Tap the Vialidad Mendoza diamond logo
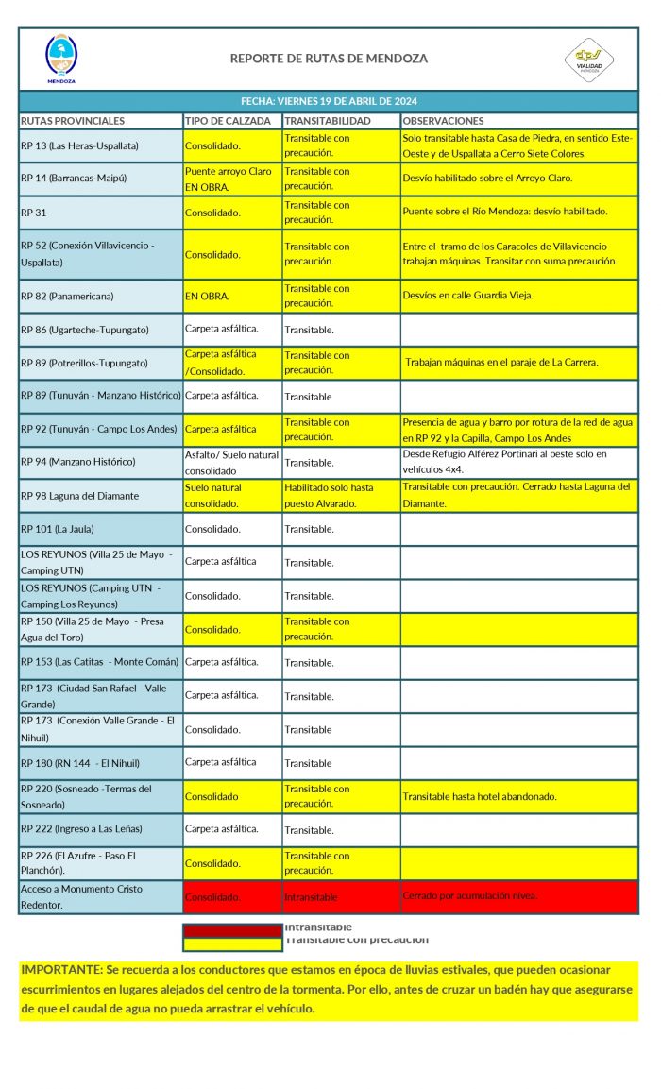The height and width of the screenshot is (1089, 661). click(589, 60)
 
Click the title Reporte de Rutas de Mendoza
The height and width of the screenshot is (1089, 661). click(329, 59)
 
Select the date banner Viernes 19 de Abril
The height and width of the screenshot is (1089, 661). click(329, 101)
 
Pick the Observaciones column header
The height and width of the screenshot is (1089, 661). click(444, 121)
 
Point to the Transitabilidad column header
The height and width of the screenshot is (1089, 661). click(328, 121)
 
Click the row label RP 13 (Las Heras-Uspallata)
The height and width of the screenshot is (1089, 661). click(80, 145)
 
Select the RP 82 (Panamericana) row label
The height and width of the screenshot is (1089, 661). click(67, 296)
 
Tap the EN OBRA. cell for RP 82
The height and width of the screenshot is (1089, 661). click(208, 296)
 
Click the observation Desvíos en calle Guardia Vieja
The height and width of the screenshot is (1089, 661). click(467, 296)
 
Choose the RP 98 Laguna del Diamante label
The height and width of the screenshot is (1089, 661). click(79, 496)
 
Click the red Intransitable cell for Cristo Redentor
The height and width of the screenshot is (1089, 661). click(311, 897)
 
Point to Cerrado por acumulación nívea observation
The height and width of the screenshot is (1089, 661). click(469, 895)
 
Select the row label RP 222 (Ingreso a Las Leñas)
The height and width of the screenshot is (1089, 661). click(81, 829)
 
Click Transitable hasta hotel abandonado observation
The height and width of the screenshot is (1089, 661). click(480, 796)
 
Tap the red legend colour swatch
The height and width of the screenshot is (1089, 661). click(232, 929)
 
